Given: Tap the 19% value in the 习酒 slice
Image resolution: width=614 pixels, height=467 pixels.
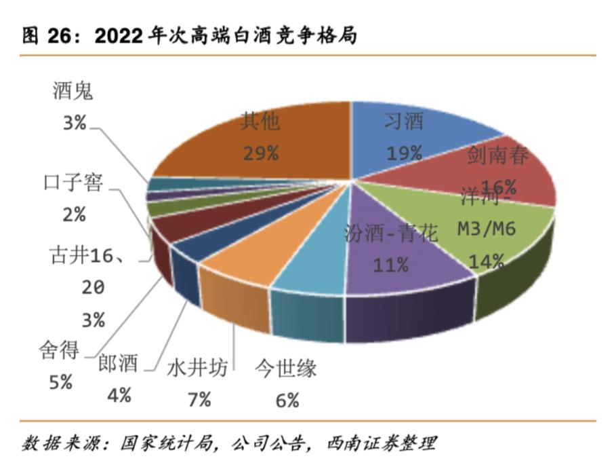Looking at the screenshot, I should [x=404, y=153].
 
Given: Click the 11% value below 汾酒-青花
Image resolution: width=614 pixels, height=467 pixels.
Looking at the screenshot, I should [x=390, y=265].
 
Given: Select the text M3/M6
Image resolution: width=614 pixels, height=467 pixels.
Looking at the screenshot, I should [x=487, y=229].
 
